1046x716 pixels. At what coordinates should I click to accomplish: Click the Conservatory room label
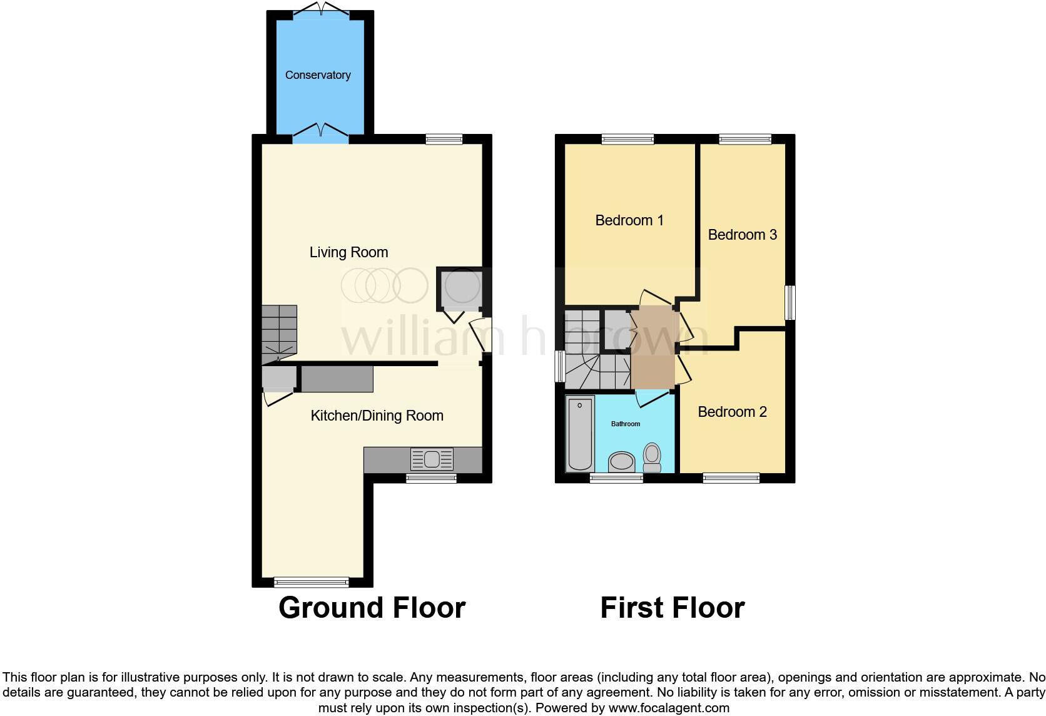[x=318, y=75]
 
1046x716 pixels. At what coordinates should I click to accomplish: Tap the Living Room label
[x=348, y=252]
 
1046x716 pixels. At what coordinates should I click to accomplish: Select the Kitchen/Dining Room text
[x=377, y=416]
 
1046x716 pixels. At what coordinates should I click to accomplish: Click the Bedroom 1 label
[x=629, y=220]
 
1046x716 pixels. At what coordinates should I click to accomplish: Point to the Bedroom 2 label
[x=732, y=412]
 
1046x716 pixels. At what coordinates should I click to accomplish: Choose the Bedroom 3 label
[x=742, y=235]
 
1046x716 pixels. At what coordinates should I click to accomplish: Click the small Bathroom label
[x=625, y=424]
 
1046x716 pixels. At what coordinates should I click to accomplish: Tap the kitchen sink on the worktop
[x=432, y=459]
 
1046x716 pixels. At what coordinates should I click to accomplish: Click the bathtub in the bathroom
[x=579, y=433]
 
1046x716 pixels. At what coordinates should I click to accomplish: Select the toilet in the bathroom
[x=652, y=457]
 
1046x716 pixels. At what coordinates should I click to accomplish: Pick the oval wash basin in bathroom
[x=622, y=462]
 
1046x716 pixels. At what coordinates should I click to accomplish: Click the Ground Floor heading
[x=372, y=608]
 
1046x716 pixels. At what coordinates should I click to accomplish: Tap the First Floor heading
[x=672, y=608]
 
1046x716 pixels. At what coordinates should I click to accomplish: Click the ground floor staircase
[x=279, y=332]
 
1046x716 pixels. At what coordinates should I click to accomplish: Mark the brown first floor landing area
[x=652, y=348]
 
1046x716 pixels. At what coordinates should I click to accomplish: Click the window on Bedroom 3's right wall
[x=790, y=303]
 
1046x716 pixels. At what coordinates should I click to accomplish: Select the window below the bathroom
[x=616, y=478]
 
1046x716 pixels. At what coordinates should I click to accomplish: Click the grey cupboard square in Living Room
[x=460, y=289]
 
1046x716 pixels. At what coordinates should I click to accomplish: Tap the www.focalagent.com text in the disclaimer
[x=669, y=708]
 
